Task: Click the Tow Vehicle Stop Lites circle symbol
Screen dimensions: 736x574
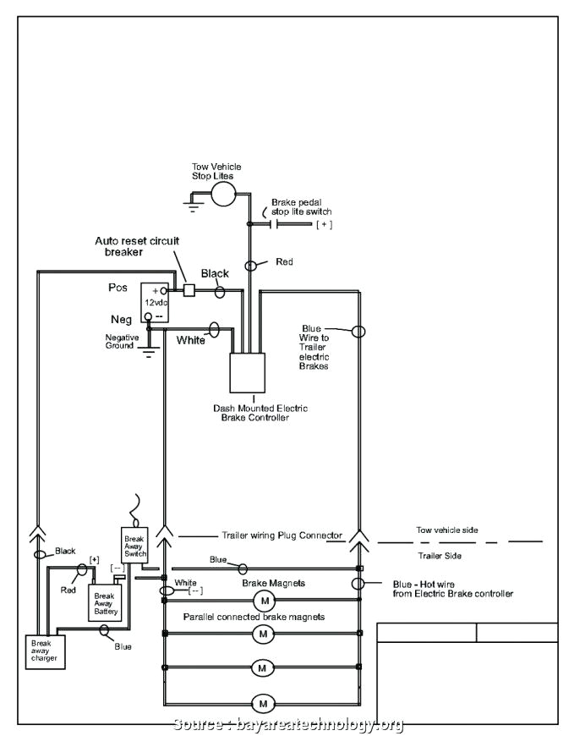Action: point(224,194)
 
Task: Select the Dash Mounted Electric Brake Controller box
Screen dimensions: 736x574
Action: point(249,371)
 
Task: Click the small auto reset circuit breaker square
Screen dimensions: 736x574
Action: point(189,290)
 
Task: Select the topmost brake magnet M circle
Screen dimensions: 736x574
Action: point(263,601)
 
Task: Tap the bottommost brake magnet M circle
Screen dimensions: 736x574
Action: point(263,703)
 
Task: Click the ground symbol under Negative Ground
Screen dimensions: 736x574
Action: point(150,353)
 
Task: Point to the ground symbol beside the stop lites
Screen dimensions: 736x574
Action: point(194,202)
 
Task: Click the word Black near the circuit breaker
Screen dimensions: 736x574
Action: point(215,273)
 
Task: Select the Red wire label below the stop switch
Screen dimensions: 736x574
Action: point(284,262)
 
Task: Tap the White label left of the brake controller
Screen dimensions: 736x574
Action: point(190,340)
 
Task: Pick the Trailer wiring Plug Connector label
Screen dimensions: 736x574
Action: point(282,536)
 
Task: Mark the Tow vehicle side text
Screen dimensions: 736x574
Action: point(446,530)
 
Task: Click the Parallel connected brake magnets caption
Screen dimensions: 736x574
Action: point(254,617)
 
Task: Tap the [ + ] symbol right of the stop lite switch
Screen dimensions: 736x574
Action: point(325,224)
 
